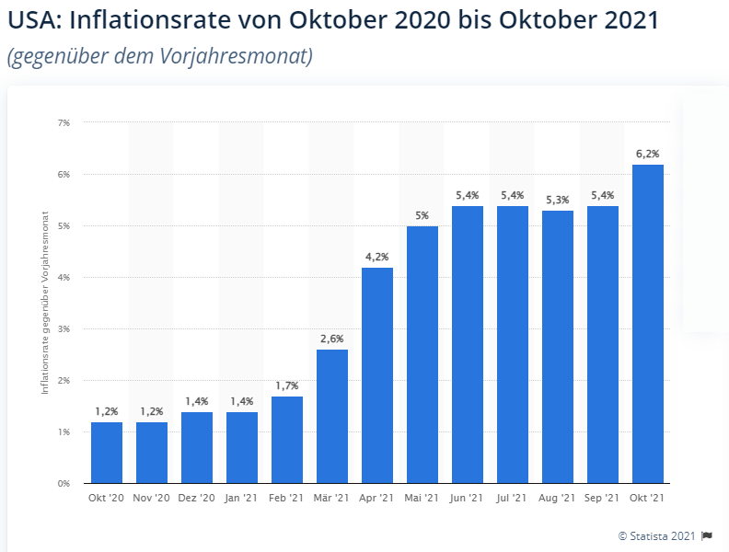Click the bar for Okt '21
(x=648, y=324)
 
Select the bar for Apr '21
(x=377, y=375)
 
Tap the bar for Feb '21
(x=287, y=440)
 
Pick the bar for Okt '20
(x=107, y=453)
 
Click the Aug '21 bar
(x=558, y=347)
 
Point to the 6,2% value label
(x=648, y=154)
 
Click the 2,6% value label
(x=332, y=339)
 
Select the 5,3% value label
(x=558, y=200)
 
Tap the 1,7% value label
(x=287, y=385)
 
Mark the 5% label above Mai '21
(x=422, y=215)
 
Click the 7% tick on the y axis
(x=64, y=122)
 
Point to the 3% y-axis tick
(x=64, y=329)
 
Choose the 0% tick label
(x=64, y=483)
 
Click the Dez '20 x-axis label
(x=197, y=498)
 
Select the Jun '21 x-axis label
(x=467, y=498)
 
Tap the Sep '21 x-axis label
(x=602, y=498)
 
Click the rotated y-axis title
(x=45, y=303)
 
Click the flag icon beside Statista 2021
(x=707, y=535)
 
